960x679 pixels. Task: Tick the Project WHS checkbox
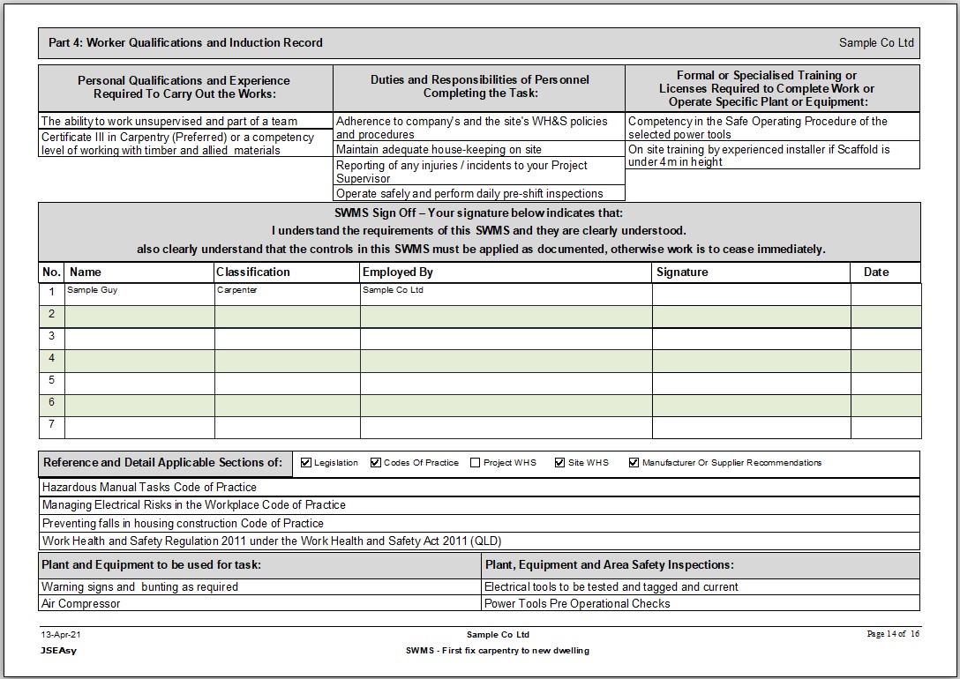(476, 462)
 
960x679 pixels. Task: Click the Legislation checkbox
(306, 462)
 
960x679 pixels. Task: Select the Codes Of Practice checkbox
(376, 462)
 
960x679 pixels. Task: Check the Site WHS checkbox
(559, 462)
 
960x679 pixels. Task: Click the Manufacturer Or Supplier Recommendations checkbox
(634, 462)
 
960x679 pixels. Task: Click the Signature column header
(682, 272)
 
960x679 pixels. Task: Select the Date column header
(876, 272)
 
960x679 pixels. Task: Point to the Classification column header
(253, 272)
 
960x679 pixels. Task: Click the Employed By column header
(398, 272)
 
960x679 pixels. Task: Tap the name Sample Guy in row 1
(92, 290)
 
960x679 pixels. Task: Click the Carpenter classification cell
(236, 290)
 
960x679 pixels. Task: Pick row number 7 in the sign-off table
(51, 425)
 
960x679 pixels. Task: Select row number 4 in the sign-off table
(51, 359)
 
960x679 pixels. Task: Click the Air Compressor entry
(81, 604)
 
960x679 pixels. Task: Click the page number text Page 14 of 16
(893, 634)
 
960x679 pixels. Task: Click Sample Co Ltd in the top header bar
(876, 43)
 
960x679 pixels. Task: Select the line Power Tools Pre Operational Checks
(577, 604)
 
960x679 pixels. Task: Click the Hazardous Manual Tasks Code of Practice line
(149, 488)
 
